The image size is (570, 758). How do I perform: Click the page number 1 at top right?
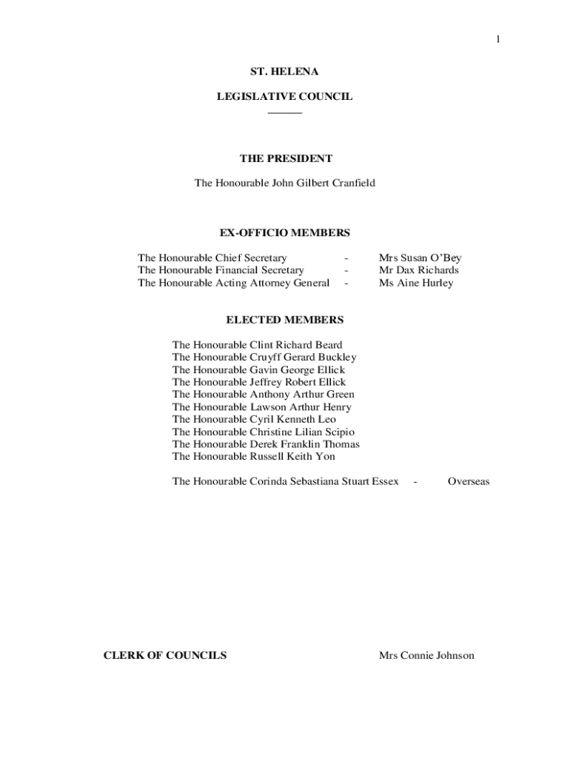point(498,40)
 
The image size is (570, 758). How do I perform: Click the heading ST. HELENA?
point(284,72)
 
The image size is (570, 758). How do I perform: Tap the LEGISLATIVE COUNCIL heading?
point(284,96)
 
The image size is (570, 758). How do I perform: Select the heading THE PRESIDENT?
point(286,158)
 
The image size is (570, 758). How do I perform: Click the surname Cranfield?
point(351,183)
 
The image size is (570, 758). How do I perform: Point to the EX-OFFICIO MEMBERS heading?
point(284,233)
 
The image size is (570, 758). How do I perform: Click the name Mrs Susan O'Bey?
point(420,258)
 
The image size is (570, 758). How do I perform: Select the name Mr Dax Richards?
point(418,270)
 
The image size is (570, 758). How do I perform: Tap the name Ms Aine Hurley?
point(416,283)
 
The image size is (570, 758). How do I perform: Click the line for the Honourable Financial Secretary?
point(221,270)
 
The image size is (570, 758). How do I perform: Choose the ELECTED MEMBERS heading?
point(284,320)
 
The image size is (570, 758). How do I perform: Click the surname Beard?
point(328,345)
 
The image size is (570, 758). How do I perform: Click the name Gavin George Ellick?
point(297,370)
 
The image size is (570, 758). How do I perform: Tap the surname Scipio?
point(338,432)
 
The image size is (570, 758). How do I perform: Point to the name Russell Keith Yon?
point(292,457)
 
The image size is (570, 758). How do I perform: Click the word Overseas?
point(469,481)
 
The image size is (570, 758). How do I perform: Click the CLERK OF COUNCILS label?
point(165,655)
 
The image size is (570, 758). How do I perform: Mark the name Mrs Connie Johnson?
point(426,655)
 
